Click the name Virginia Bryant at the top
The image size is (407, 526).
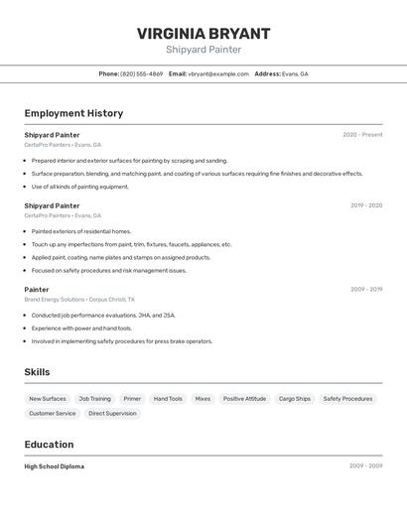click(x=203, y=34)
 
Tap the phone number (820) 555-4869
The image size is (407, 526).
click(x=142, y=73)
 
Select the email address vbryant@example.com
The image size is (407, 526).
click(x=218, y=73)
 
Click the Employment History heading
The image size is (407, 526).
click(x=73, y=113)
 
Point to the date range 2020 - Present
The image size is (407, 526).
click(x=362, y=135)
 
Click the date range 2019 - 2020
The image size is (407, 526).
click(x=365, y=205)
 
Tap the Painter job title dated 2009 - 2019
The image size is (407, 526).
click(x=37, y=290)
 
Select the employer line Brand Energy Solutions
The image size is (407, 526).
click(x=55, y=299)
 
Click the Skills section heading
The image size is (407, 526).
click(x=37, y=372)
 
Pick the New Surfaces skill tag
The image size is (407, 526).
click(x=48, y=399)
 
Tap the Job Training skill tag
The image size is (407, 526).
click(x=95, y=399)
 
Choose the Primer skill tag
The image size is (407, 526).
click(x=132, y=399)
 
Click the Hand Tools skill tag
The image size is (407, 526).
click(x=168, y=399)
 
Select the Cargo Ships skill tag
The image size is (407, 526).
click(x=295, y=399)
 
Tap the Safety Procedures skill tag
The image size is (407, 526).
click(x=347, y=399)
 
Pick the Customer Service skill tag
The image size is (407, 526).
click(x=53, y=413)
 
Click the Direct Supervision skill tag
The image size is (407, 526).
click(x=112, y=413)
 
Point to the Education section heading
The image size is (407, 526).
click(x=49, y=445)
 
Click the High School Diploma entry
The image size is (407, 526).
click(x=55, y=466)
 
